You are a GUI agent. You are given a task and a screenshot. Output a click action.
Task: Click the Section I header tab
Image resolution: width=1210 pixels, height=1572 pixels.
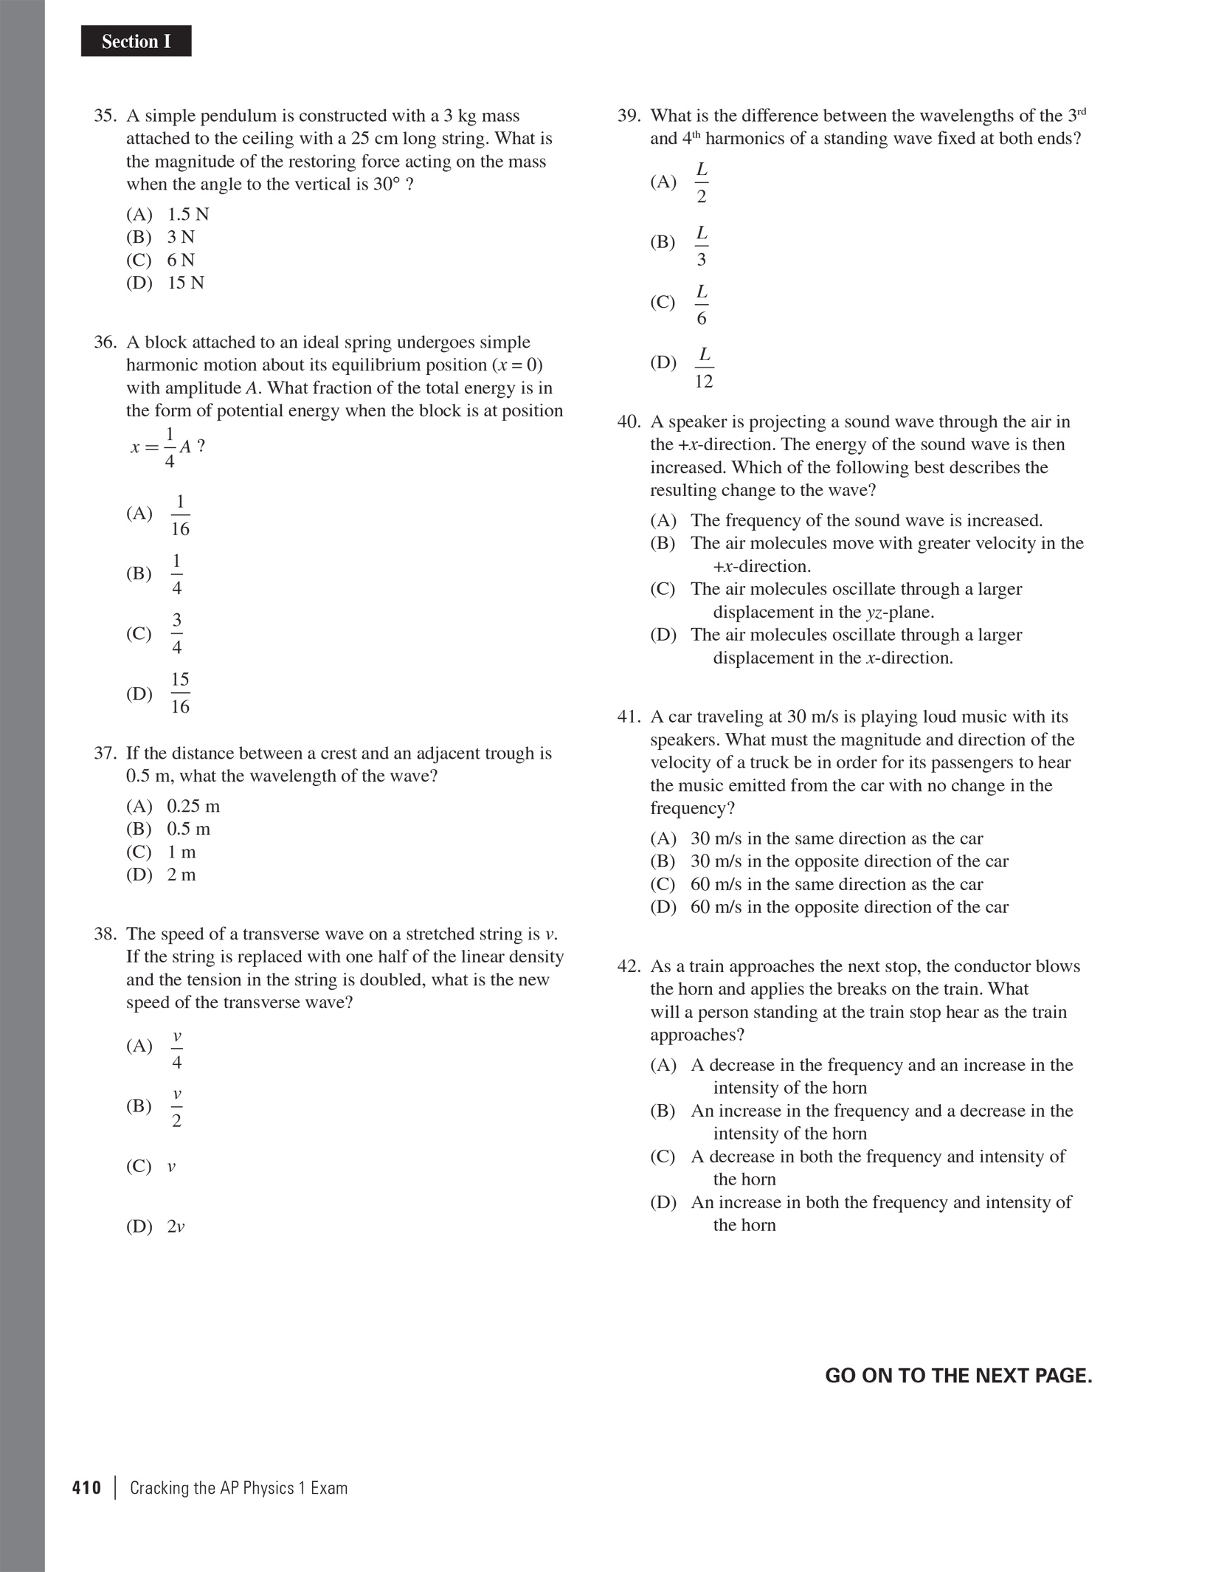click(x=136, y=41)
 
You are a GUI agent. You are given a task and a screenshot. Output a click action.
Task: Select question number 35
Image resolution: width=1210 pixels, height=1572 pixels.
click(x=106, y=116)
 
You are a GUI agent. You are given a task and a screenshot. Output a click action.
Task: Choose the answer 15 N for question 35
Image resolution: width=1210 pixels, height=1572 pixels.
click(x=185, y=283)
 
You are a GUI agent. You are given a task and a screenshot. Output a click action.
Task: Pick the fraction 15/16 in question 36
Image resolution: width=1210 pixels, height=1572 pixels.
click(x=180, y=693)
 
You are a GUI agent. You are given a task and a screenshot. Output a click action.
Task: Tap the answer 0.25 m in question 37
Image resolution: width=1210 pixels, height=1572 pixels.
click(x=193, y=806)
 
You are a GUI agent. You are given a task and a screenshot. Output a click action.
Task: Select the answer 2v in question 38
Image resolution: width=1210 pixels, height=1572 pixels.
click(x=176, y=1227)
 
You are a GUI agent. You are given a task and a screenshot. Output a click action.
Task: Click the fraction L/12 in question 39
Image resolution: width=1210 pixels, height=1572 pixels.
click(x=704, y=368)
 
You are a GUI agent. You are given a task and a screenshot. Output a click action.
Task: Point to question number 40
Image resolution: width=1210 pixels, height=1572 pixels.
click(x=629, y=422)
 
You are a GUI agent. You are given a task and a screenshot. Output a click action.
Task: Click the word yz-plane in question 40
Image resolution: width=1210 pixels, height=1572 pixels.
click(x=900, y=612)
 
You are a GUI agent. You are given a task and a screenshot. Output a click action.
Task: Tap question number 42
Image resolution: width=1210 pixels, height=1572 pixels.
click(x=629, y=967)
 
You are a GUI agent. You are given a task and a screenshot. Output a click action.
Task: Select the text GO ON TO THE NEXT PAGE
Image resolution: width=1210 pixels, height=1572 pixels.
click(x=958, y=1376)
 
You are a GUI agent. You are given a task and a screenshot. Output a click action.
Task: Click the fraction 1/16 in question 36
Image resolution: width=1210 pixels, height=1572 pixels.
click(x=180, y=515)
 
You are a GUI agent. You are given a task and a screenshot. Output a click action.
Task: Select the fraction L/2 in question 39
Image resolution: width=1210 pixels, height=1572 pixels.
click(x=702, y=182)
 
